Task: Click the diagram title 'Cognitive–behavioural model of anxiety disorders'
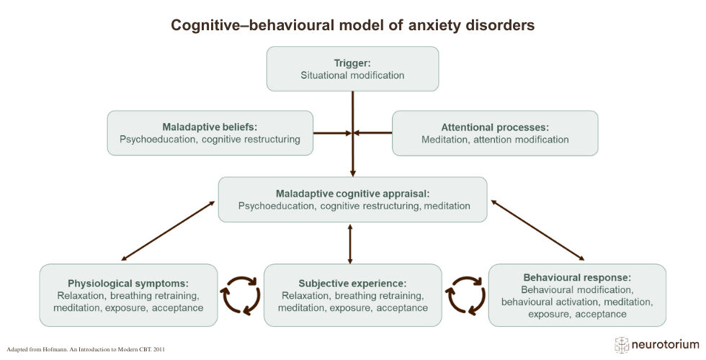[352, 25]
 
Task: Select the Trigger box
[352, 68]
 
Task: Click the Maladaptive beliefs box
[210, 132]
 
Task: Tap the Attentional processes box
[495, 132]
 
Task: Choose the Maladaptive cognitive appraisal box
[352, 199]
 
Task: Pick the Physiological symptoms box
[128, 295]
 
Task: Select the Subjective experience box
[352, 295]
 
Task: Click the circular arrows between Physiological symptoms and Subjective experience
[241, 295]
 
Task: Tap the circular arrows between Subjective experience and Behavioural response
[465, 295]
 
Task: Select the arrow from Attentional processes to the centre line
[373, 132]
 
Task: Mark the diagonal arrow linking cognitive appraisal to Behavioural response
[537, 230]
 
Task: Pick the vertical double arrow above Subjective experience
[350, 244]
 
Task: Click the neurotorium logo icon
[622, 345]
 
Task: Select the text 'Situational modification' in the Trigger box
[352, 75]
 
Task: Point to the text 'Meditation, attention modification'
[495, 140]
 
